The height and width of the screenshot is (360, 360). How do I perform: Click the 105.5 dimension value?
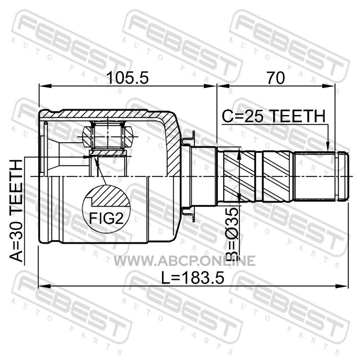tap(128, 77)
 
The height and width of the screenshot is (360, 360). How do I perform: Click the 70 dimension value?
tap(275, 77)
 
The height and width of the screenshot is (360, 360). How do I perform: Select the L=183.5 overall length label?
tap(193, 278)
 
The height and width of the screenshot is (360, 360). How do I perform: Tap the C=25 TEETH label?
tap(274, 116)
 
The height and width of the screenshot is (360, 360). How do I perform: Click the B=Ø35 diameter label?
tap(232, 234)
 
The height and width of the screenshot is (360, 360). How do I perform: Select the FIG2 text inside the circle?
tap(106, 218)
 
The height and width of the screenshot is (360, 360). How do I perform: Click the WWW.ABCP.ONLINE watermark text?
tap(185, 261)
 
